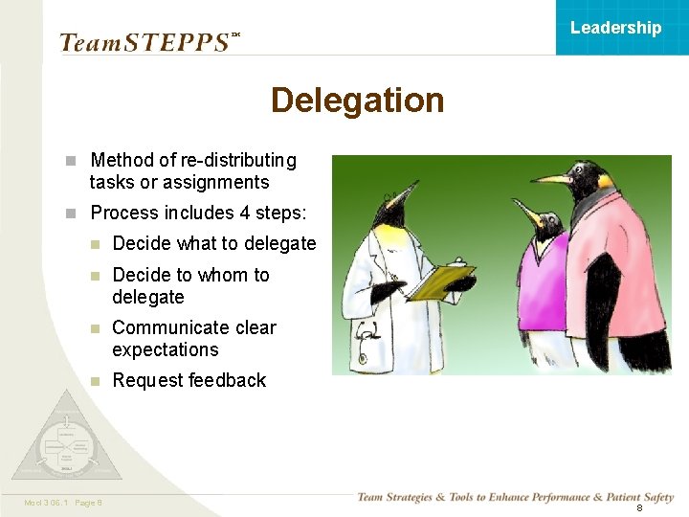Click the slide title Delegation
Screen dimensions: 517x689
357,101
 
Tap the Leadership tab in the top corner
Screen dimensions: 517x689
615,28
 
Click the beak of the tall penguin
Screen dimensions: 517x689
552,179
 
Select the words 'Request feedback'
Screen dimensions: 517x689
189,380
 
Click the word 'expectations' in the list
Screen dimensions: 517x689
165,349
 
